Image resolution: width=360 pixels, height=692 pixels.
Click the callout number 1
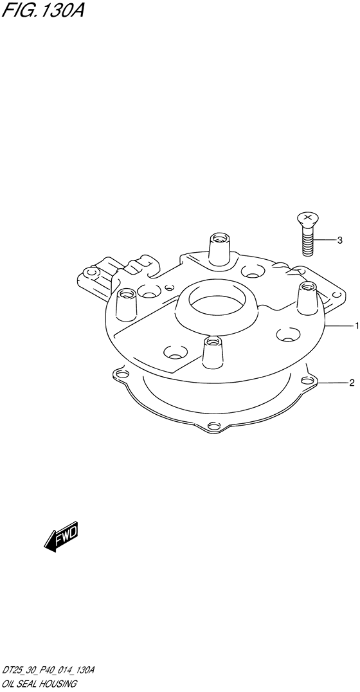pos(356,326)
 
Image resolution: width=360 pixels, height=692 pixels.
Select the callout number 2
pos(352,383)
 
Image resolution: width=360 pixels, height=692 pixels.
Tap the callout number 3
pos(339,241)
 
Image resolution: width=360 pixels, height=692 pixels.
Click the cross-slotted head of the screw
pos(308,218)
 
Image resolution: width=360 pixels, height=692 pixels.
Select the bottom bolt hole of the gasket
pos(213,426)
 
